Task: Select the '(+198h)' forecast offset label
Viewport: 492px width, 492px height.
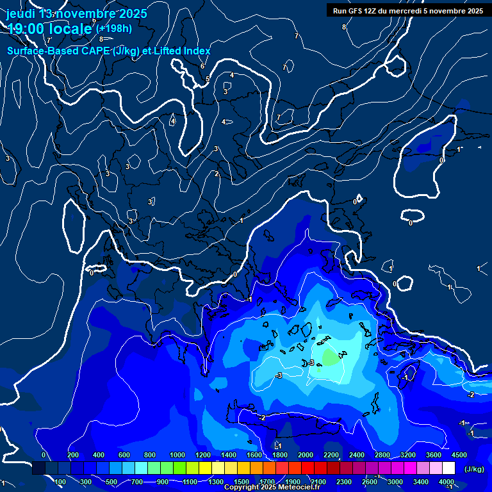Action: point(113,28)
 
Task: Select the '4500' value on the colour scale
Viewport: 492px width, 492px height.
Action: point(459,455)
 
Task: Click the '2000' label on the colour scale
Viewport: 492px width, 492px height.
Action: point(306,455)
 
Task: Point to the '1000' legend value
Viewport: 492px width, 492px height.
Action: point(177,455)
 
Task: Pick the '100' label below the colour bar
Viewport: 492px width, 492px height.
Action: point(60,482)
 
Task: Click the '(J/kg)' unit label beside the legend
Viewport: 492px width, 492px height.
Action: point(473,470)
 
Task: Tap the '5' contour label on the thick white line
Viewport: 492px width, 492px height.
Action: point(208,79)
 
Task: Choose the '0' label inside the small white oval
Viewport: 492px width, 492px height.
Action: point(411,223)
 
